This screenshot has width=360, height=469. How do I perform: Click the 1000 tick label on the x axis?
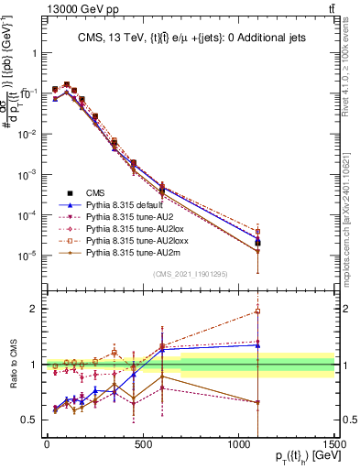coord(238,445)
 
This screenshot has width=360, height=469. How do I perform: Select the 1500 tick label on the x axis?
coord(335,445)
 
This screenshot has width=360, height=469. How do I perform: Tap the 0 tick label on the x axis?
coord(47,445)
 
